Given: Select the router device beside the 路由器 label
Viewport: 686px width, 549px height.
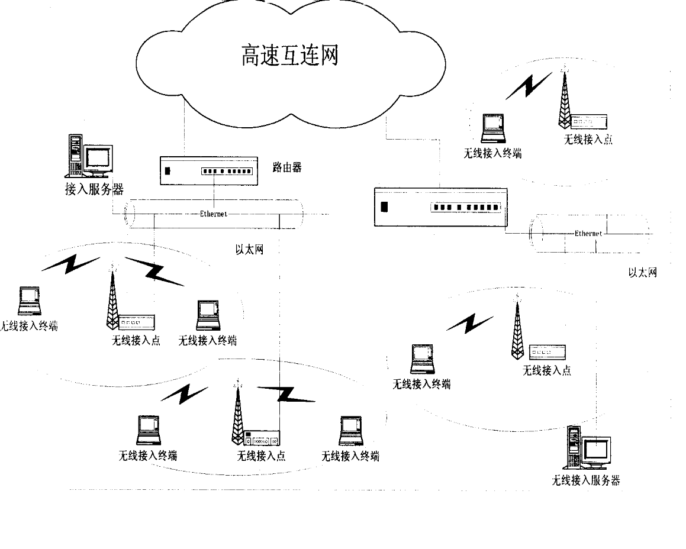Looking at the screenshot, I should [209, 170].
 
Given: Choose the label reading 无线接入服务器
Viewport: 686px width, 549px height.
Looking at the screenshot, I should [585, 480].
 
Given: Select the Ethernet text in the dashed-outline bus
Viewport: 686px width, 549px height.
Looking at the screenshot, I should [588, 234].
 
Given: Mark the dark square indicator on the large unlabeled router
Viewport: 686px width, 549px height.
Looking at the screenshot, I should [384, 208].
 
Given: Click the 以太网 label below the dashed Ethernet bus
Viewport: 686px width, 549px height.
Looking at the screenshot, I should [642, 273].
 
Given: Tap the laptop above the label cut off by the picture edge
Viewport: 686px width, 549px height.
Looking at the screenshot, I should [29, 301].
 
